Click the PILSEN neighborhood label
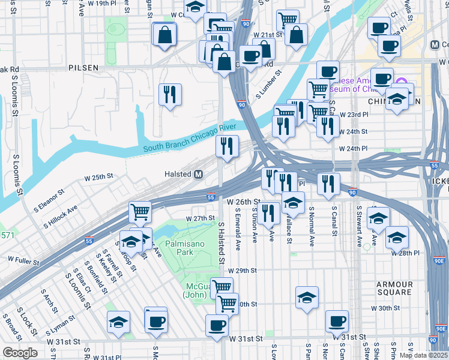pos(83,68)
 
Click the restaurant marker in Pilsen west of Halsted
pos(170,94)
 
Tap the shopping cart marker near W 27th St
pos(140,211)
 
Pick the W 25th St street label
pos(99,178)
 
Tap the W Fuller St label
pos(23,262)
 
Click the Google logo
pos(20,353)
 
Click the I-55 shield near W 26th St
pos(211,196)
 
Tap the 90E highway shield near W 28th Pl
pos(440,261)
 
